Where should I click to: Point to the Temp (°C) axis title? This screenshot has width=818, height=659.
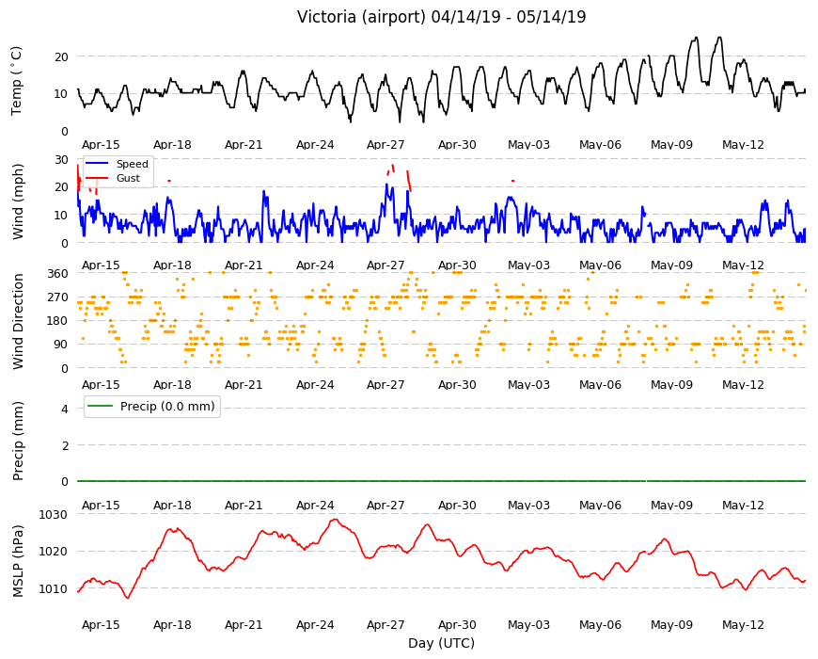(x=17, y=81)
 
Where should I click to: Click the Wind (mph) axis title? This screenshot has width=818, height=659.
(x=18, y=201)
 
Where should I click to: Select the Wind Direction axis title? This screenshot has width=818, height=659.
(x=18, y=322)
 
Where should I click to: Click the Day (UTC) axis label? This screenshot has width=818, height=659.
(x=441, y=643)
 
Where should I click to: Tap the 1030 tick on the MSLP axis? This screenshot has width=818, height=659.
(x=54, y=515)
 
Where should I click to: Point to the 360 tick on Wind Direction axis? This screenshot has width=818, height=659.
(x=57, y=274)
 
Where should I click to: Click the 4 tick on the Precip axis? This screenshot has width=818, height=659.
(x=65, y=409)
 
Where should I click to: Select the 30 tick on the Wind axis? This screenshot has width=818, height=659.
(x=61, y=160)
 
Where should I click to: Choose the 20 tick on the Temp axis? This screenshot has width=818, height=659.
(x=61, y=56)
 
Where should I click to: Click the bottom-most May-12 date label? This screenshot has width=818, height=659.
(x=743, y=624)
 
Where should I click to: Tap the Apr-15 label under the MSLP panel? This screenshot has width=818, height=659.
(x=101, y=624)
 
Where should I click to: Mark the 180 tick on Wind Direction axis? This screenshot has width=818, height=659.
(x=57, y=321)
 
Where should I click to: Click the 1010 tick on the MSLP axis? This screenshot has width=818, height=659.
(x=54, y=589)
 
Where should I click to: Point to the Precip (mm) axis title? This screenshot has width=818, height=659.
(x=18, y=442)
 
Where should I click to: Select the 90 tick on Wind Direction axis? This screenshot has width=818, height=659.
(x=61, y=345)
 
